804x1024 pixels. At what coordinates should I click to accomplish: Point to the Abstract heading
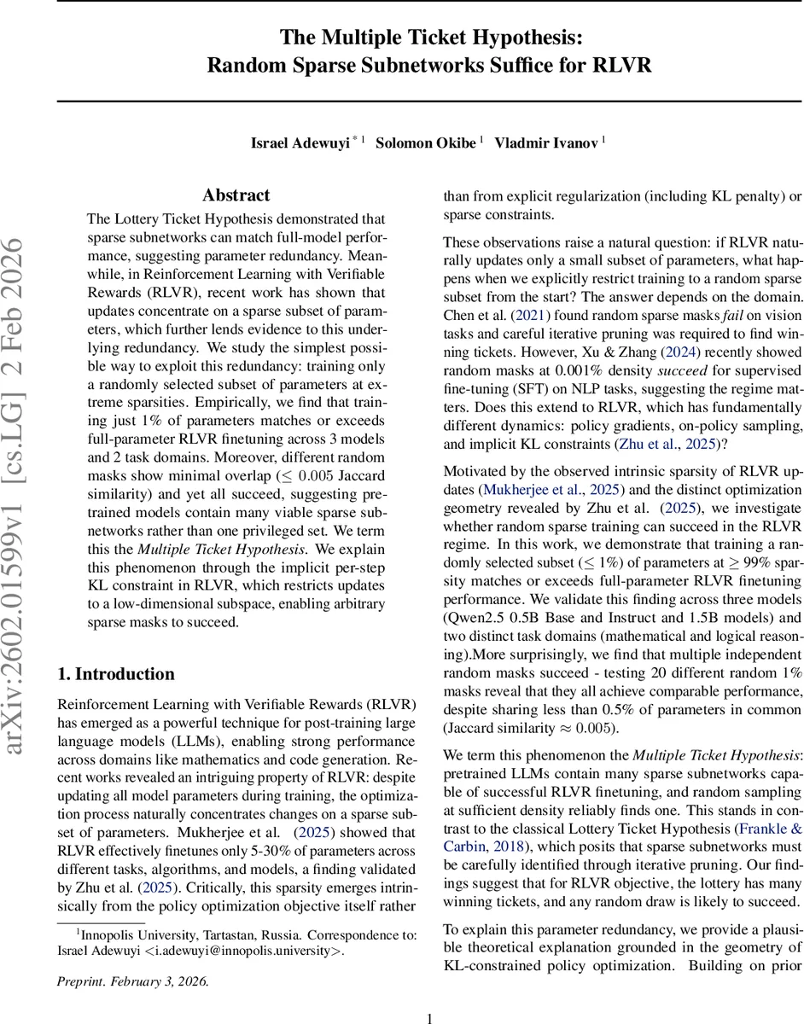[x=236, y=195]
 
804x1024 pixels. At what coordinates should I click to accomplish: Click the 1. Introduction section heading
[x=116, y=650]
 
